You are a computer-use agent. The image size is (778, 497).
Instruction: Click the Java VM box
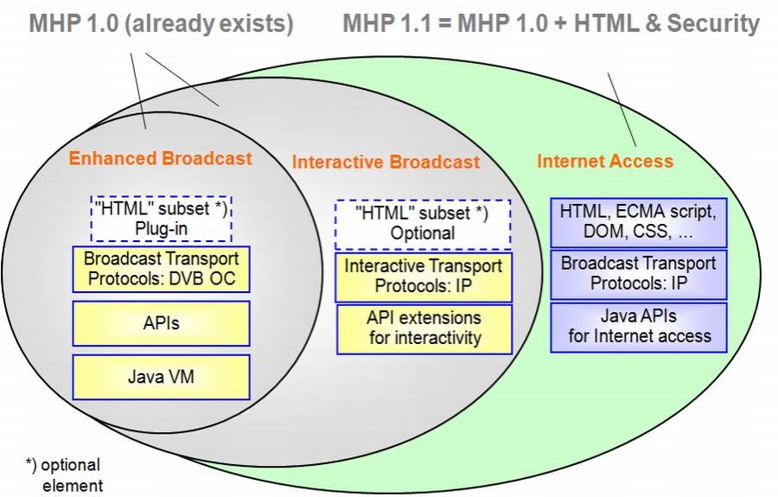click(x=161, y=376)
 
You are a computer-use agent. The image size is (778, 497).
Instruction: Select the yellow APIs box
click(x=161, y=322)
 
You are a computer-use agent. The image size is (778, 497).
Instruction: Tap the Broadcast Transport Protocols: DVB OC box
click(x=161, y=269)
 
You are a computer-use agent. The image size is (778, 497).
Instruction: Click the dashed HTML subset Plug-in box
click(x=161, y=218)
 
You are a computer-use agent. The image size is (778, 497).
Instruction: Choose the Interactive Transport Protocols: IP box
click(x=423, y=276)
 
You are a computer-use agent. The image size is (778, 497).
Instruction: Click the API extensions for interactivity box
click(x=423, y=328)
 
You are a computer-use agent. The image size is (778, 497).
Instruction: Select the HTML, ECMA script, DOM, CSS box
click(x=638, y=221)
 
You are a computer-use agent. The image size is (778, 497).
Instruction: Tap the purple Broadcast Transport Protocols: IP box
click(x=638, y=273)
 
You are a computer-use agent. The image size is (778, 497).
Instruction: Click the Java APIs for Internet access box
click(x=638, y=326)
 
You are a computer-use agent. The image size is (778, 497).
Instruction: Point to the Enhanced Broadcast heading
click(x=160, y=158)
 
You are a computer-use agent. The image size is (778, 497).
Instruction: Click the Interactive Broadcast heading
click(x=386, y=162)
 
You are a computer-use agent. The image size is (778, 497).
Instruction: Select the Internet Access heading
click(x=604, y=161)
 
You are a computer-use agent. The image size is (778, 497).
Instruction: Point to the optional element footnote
click(x=65, y=475)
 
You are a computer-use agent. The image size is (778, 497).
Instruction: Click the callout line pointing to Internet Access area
click(x=622, y=109)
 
